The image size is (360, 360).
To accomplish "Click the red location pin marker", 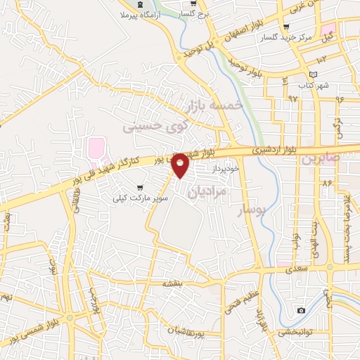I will coord(181,165).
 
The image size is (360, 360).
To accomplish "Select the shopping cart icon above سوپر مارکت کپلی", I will coord(140,188).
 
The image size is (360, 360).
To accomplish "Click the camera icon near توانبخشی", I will coord(301,310).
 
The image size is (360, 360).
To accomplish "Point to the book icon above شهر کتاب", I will coord(313,75).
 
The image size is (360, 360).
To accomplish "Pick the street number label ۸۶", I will coord(326,183).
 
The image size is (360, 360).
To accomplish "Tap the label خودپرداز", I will coord(225,169).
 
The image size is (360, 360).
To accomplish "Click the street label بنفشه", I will coord(172,283).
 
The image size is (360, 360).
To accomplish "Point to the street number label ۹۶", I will coord(340,98).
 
